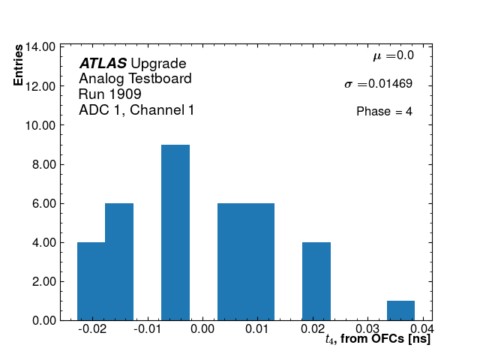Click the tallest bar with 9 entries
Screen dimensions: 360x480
(x=175, y=232)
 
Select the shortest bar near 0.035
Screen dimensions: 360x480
(x=400, y=310)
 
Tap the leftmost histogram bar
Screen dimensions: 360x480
(x=91, y=281)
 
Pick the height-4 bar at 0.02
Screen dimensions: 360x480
(x=316, y=281)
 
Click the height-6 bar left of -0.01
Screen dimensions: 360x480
(x=119, y=262)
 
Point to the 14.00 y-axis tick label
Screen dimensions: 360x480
(x=40, y=46)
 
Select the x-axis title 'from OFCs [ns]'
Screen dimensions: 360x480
(x=384, y=340)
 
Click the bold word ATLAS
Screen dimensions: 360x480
(x=103, y=64)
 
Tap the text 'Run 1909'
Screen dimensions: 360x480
(x=109, y=94)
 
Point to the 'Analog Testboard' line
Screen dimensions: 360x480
(x=135, y=79)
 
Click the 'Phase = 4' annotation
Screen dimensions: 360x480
(x=384, y=112)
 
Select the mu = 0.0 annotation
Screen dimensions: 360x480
(x=393, y=55)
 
